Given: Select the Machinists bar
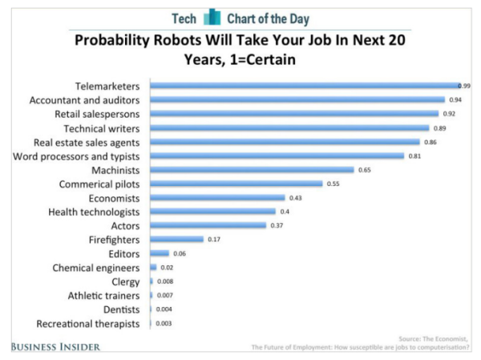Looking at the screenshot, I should pos(252,170).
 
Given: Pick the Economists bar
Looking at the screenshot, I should pos(217,197).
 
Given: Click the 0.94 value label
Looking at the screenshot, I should pos(455,100).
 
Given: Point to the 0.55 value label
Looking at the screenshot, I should pos(333,184).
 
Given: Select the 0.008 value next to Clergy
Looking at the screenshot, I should pos(163,281).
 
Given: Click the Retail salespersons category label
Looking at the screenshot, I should pos(95,114).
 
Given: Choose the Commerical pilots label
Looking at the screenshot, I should pos(97,184).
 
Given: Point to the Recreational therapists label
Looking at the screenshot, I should pos(89,323).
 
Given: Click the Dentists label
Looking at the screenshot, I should pos(120,309).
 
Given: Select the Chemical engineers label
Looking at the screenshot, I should pos(96,267).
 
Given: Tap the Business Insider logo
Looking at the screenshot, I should pos(56,346).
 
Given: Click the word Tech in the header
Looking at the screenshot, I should pos(184,18).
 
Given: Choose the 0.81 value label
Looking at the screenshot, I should pos(414,156).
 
